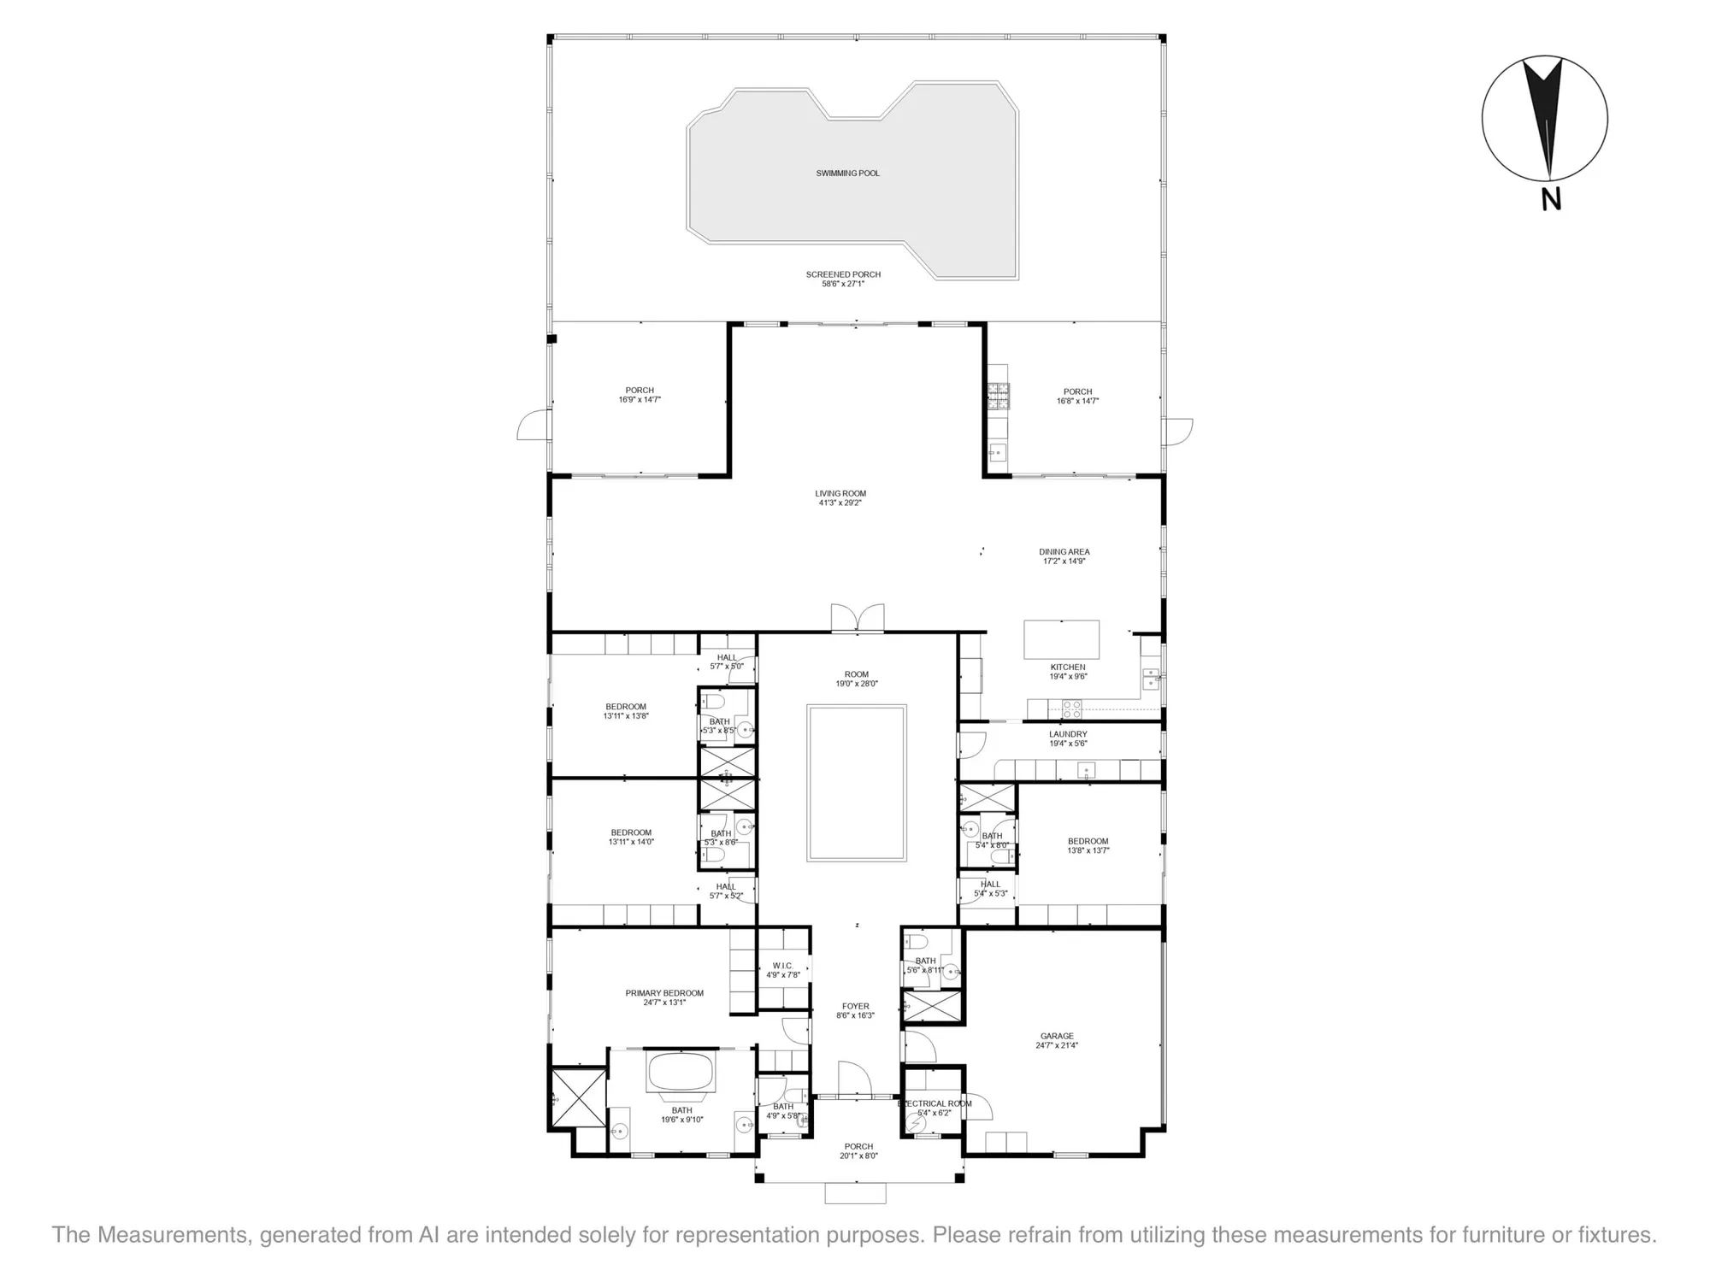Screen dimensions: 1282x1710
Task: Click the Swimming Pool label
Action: point(847,173)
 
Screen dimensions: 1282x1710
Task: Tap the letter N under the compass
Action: point(1551,199)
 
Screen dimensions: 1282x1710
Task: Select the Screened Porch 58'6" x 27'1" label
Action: point(843,279)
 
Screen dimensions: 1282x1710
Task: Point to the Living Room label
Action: point(840,498)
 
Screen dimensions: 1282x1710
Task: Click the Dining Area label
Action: point(1064,556)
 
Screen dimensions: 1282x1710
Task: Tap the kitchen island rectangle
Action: point(1061,639)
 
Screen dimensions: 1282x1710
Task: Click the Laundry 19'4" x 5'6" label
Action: point(1068,738)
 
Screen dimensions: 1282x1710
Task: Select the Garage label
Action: point(1057,1040)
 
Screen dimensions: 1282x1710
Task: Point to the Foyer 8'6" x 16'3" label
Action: point(855,1011)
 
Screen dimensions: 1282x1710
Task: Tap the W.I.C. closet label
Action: point(782,970)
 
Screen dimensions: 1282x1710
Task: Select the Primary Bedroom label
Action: point(664,997)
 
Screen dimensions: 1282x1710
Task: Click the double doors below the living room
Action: point(858,618)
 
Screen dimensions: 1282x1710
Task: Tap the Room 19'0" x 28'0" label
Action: point(857,679)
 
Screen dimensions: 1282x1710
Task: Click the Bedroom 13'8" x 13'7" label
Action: point(1088,845)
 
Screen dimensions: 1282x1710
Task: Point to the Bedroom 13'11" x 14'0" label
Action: point(631,837)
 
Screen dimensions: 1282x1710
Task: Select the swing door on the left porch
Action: point(534,425)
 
